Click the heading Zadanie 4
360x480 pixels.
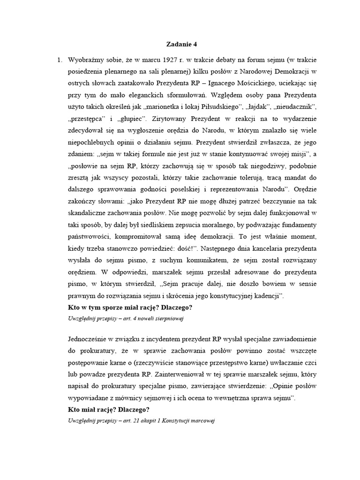pos(182,45)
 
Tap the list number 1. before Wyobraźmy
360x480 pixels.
pos(60,60)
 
